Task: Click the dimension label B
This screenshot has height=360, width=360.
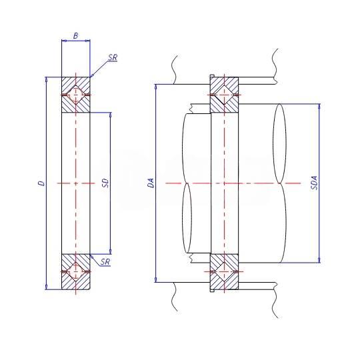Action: tap(75, 36)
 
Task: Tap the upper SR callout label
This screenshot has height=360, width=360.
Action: tap(113, 57)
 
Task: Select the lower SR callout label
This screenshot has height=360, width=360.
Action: tap(105, 262)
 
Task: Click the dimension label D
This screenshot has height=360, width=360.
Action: tap(41, 183)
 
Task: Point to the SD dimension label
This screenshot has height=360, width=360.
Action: tap(105, 183)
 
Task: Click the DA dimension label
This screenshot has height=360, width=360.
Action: tap(151, 183)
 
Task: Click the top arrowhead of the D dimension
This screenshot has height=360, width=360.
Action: tap(47, 79)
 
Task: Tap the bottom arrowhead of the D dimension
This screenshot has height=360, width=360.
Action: tap(47, 287)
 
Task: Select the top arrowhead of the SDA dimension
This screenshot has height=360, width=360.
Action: tap(319, 107)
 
